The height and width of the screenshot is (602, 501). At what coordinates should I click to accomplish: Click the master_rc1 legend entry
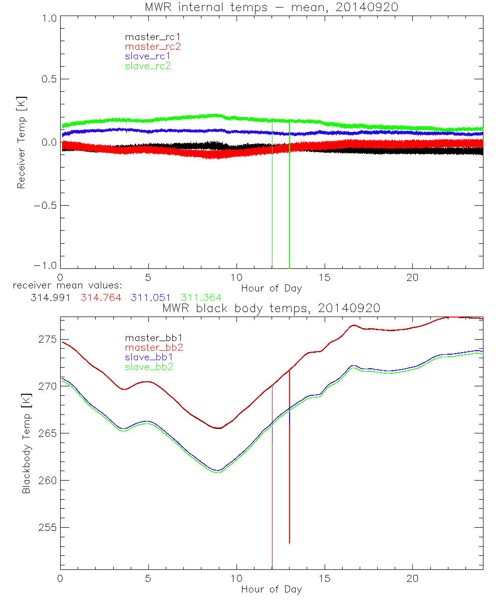coord(148,37)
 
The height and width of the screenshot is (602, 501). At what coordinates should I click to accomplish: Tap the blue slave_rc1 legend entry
coord(148,56)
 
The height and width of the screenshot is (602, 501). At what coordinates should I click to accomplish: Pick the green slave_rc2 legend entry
coord(148,66)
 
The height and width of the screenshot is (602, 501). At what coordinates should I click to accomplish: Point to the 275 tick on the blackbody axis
coord(47,339)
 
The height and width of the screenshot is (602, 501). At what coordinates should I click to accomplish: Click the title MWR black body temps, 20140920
coord(271,308)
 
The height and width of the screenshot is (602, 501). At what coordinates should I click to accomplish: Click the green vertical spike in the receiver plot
coord(290,201)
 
